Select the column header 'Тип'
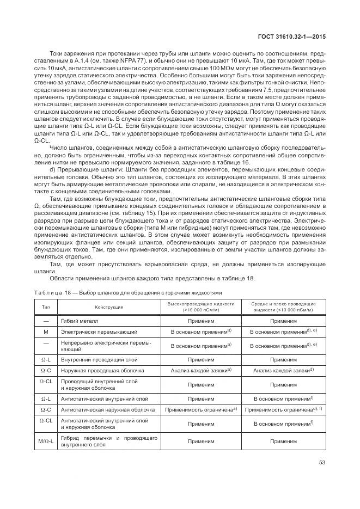(46, 306)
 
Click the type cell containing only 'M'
(46, 331)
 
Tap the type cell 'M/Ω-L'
(46, 440)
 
